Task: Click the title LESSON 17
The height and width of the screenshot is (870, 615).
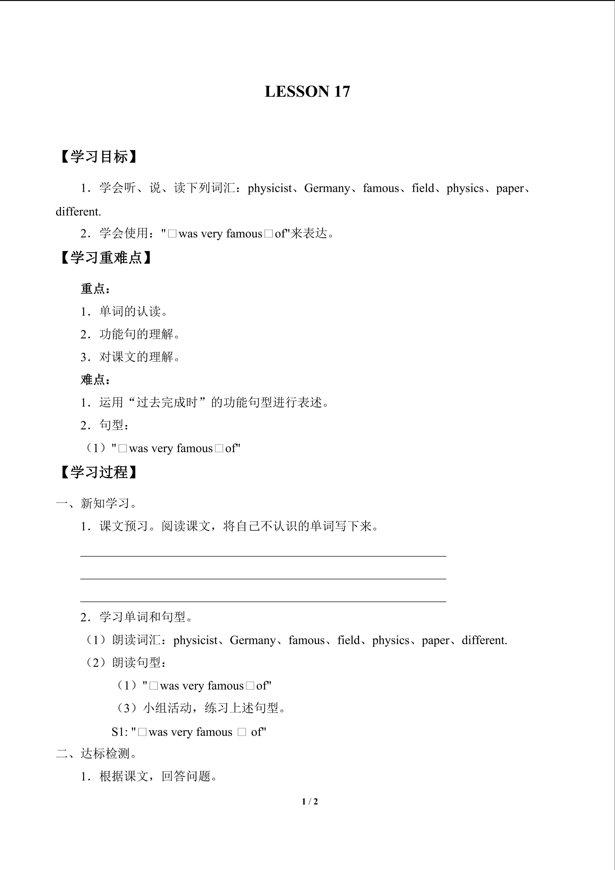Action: (307, 92)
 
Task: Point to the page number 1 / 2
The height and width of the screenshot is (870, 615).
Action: (310, 802)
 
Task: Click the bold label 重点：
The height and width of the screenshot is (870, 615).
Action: (95, 289)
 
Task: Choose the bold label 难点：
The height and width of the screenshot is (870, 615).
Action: (95, 380)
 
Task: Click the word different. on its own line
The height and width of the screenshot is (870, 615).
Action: (78, 212)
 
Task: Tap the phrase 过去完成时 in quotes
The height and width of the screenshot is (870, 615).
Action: (167, 402)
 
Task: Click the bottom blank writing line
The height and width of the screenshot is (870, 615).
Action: (263, 601)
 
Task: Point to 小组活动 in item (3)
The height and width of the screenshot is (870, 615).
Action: (167, 708)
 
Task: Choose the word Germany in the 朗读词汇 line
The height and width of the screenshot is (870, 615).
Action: (253, 640)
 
